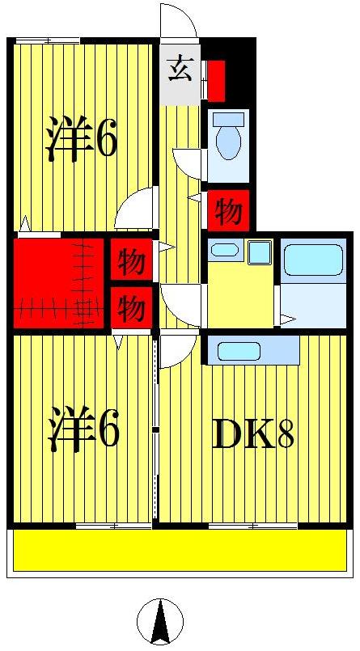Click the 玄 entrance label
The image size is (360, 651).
(x=180, y=70)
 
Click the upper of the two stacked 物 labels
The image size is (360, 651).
(x=131, y=261)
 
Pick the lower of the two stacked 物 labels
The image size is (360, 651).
(x=131, y=307)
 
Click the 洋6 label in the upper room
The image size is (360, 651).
(x=81, y=138)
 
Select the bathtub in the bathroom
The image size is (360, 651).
(x=312, y=259)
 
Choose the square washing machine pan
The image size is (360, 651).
(x=259, y=252)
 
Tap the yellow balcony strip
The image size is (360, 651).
(x=180, y=551)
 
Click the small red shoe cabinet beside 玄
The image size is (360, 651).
(x=216, y=77)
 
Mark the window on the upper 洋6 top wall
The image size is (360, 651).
(x=47, y=40)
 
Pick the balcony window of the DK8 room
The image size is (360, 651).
(x=252, y=526)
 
